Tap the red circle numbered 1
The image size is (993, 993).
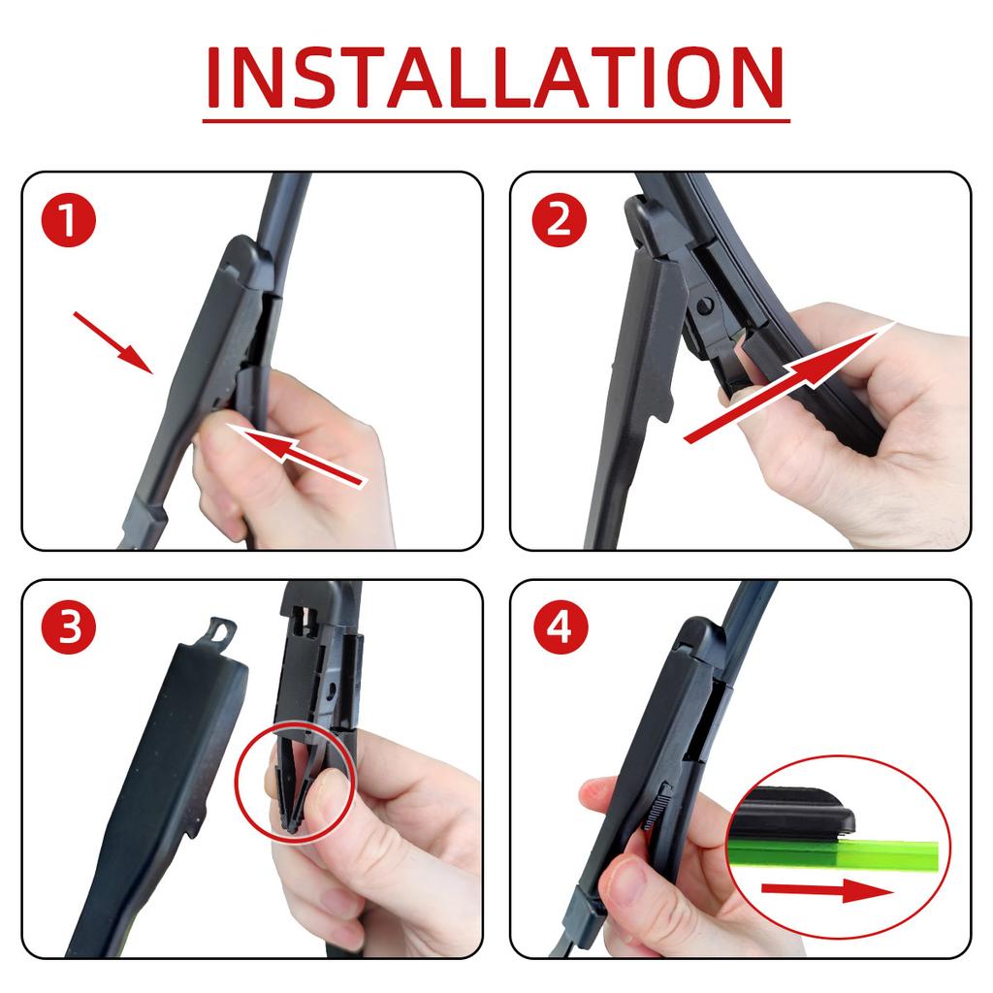(x=69, y=222)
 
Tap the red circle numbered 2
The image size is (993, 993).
(x=559, y=222)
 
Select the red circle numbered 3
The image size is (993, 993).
(x=69, y=628)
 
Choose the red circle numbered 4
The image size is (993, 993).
(x=559, y=628)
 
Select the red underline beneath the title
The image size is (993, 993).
(x=496, y=121)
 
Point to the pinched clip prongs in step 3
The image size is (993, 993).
(x=291, y=805)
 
